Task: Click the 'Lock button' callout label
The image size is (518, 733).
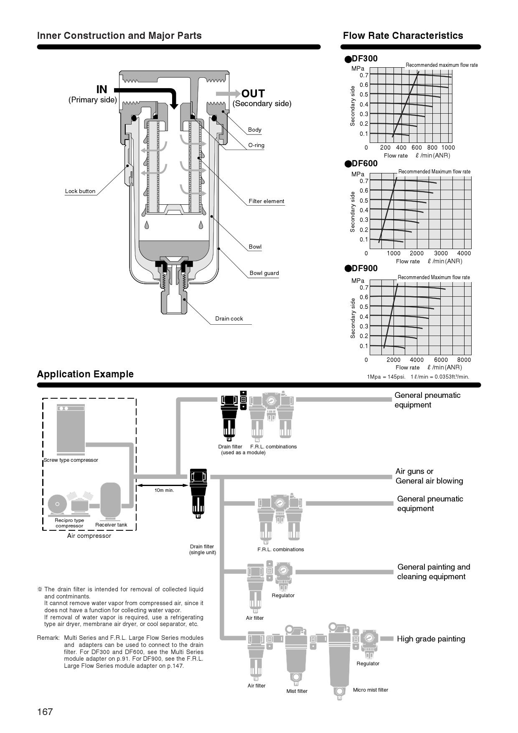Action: tap(80, 191)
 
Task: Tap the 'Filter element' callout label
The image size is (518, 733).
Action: tap(267, 201)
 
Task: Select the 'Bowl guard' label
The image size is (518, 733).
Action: tap(264, 273)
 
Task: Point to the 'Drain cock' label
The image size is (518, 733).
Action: tap(229, 319)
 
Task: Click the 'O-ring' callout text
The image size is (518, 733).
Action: tap(256, 145)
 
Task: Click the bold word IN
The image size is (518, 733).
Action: tap(102, 89)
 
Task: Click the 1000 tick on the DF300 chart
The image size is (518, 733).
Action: tap(448, 148)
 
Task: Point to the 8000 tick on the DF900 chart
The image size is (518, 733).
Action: tap(464, 360)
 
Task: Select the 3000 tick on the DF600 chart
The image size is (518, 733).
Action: tap(441, 253)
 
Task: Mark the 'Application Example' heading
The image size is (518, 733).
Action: tap(85, 374)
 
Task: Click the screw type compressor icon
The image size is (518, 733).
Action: tap(71, 429)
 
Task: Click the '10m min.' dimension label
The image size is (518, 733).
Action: tap(164, 490)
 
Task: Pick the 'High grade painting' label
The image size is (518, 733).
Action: tap(431, 639)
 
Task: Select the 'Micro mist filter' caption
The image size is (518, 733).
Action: tap(371, 690)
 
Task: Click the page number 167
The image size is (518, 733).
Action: tap(45, 712)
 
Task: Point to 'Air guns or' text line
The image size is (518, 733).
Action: tap(414, 471)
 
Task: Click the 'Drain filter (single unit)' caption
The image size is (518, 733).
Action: tap(203, 550)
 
